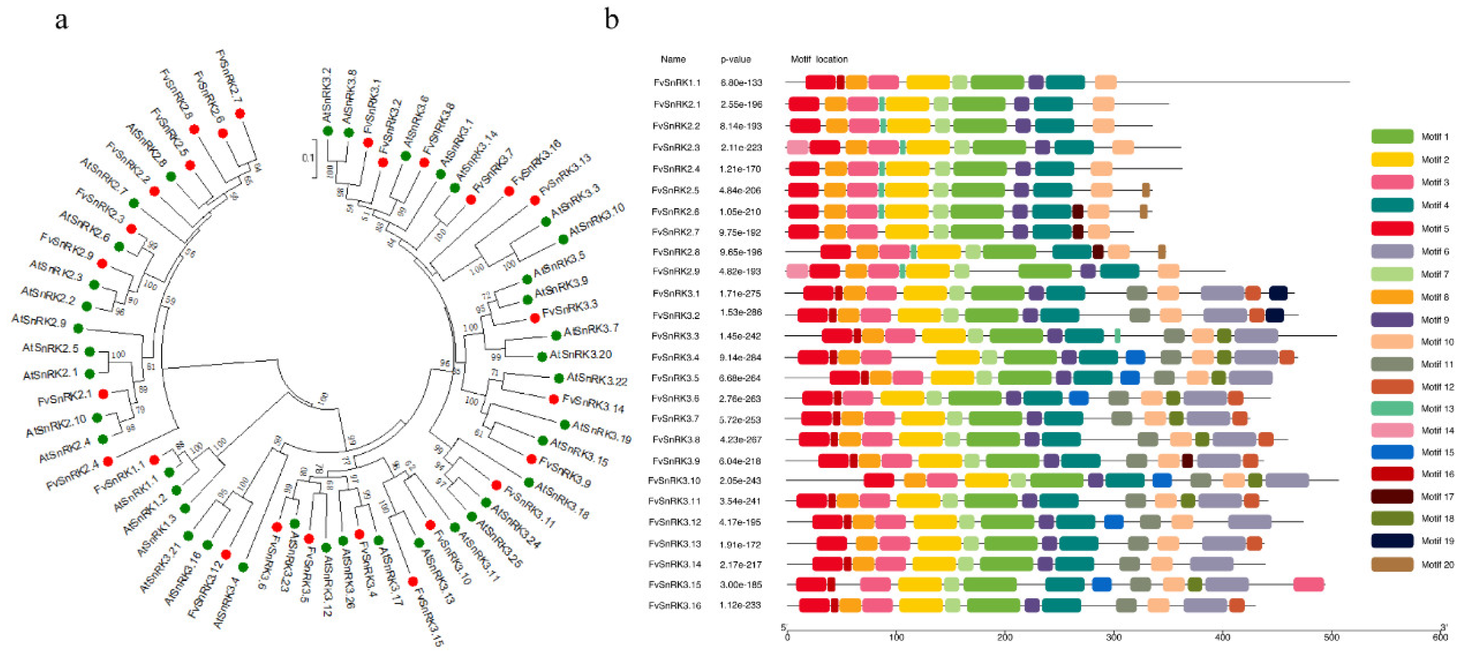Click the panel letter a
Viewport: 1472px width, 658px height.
[61, 21]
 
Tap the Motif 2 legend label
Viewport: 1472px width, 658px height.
[1435, 160]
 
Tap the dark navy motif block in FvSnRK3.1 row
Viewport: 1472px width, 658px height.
[1278, 293]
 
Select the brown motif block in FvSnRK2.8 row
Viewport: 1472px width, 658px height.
[1161, 251]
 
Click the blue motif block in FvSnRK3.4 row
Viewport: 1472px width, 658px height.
[1135, 357]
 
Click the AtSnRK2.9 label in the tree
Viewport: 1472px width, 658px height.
[39, 321]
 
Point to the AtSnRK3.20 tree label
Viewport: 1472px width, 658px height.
[580, 355]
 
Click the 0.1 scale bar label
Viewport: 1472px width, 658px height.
[307, 157]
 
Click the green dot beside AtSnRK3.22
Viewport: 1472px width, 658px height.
[558, 378]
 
